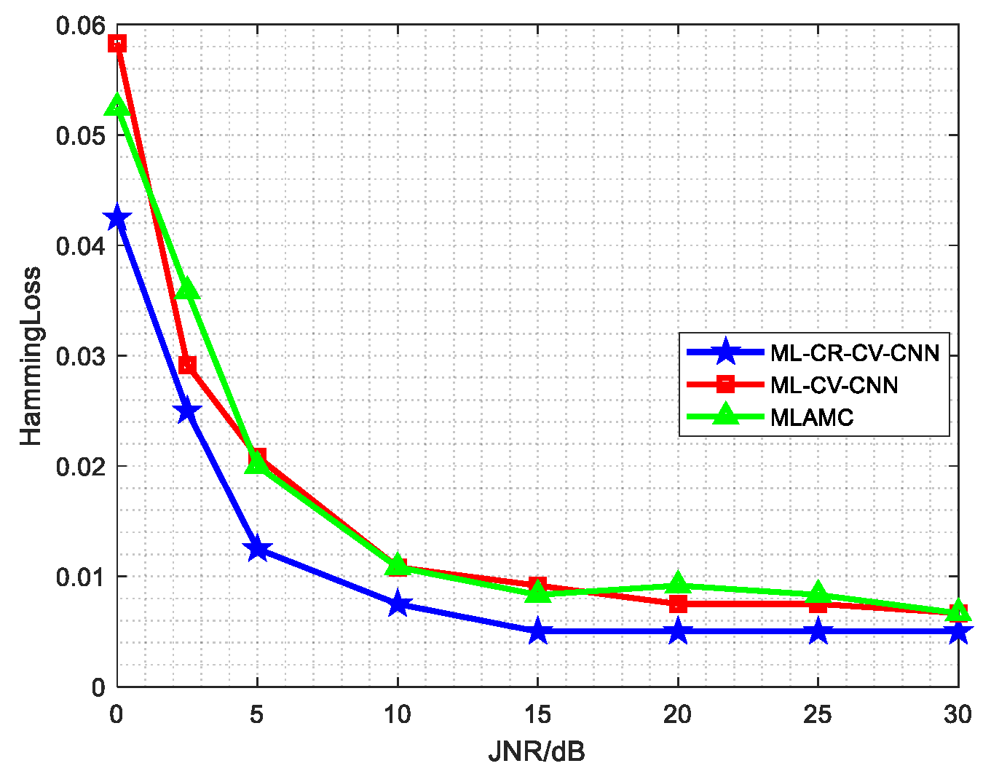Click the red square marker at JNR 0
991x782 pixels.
117,44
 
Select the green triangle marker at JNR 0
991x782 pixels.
117,106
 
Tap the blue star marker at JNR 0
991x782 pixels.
117,218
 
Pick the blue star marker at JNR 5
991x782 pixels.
257,549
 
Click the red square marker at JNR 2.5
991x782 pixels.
187,364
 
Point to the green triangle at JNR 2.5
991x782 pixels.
187,290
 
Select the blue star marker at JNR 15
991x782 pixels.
538,631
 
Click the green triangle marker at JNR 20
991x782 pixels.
678,584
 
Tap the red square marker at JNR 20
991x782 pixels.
678,604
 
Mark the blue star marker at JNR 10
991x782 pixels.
398,604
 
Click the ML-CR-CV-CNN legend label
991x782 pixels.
855,353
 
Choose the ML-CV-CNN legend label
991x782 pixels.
834,385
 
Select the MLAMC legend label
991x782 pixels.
811,417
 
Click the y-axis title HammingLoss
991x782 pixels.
31,356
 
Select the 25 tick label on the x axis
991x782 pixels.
818,715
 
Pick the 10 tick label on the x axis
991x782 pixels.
398,715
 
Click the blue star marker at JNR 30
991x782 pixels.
958,631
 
